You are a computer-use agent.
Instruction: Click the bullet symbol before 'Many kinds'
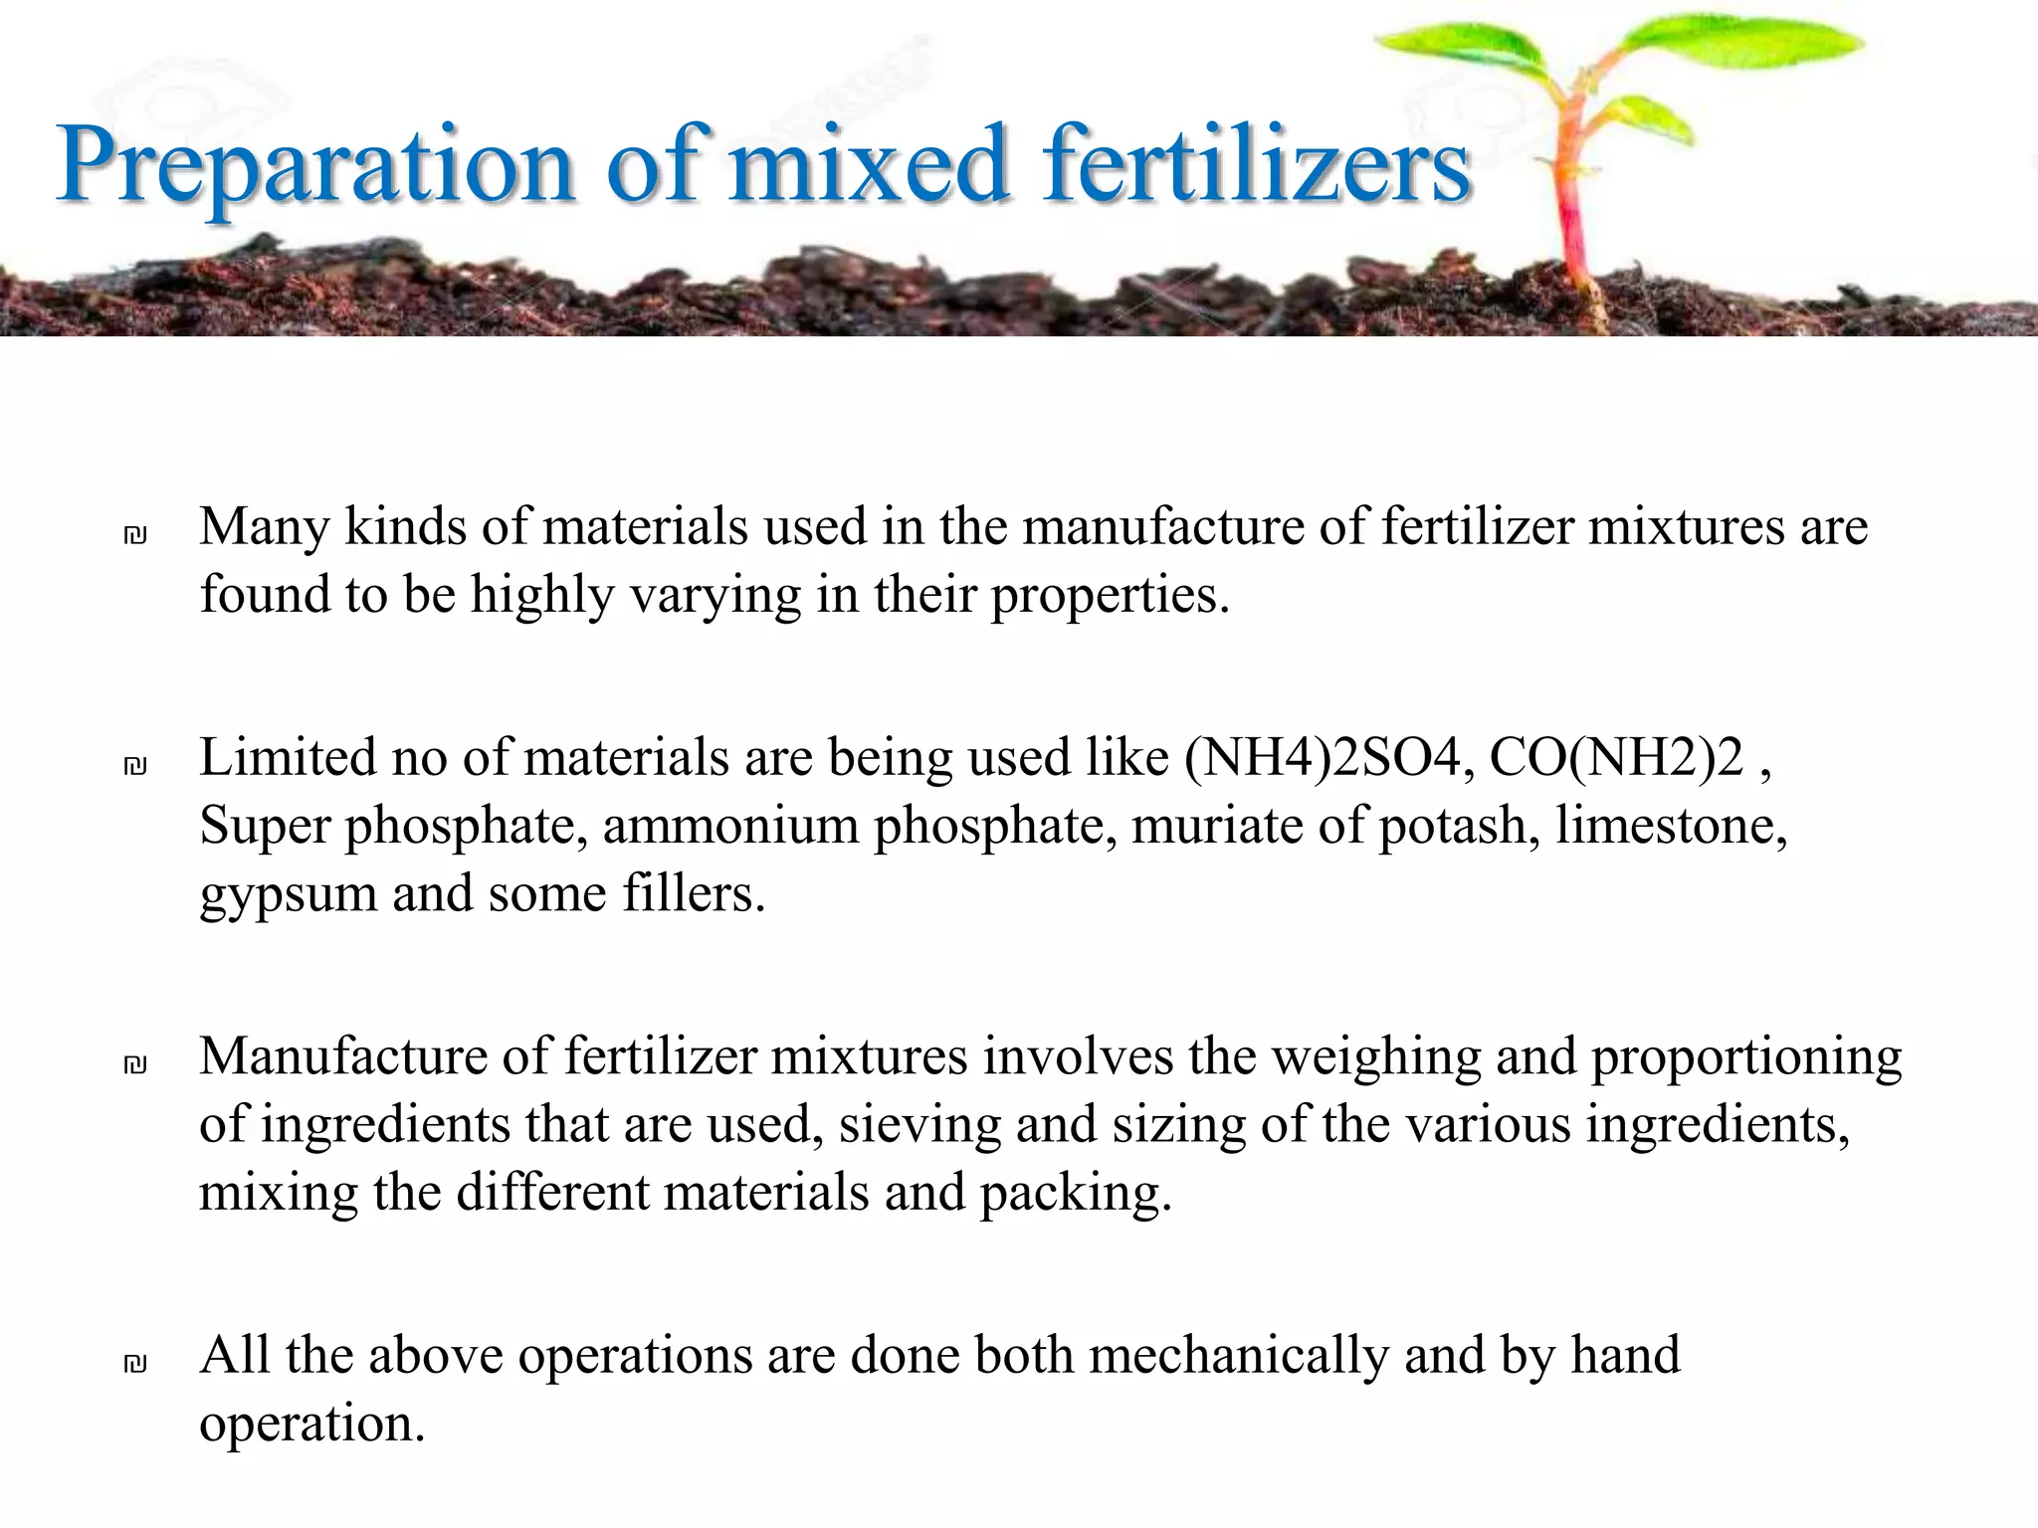pos(135,536)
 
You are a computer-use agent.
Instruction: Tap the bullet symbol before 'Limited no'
pos(135,766)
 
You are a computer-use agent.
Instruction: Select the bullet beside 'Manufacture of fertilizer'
pos(135,1065)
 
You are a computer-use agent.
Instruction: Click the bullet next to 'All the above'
pos(135,1364)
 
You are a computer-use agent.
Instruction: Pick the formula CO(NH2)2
pos(1616,758)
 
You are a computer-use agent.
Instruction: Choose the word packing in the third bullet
pos(1075,1194)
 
